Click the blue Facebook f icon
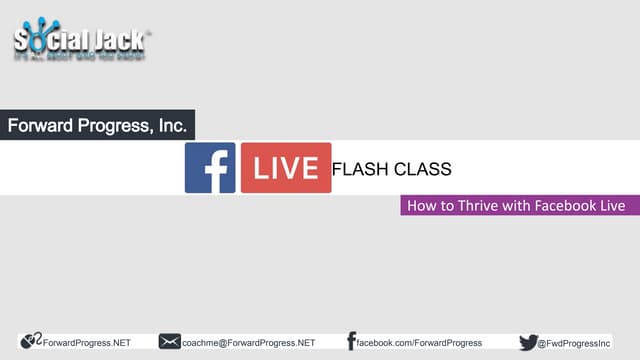(x=210, y=168)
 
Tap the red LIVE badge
(x=285, y=168)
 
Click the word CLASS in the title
(x=424, y=168)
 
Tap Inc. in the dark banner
(x=170, y=127)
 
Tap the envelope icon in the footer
(x=170, y=342)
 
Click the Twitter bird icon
(x=528, y=342)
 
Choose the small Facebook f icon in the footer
(x=351, y=342)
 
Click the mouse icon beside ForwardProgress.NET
(x=31, y=342)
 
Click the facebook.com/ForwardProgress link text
(x=420, y=342)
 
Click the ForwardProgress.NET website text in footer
(x=87, y=342)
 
